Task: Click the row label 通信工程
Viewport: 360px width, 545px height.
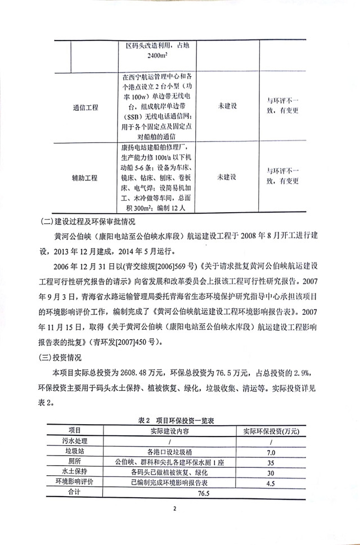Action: tap(86, 107)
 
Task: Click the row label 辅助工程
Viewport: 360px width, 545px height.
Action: tap(85, 177)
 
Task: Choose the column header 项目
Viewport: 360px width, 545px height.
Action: tap(75, 430)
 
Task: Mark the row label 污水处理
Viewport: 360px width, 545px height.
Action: tap(75, 441)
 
